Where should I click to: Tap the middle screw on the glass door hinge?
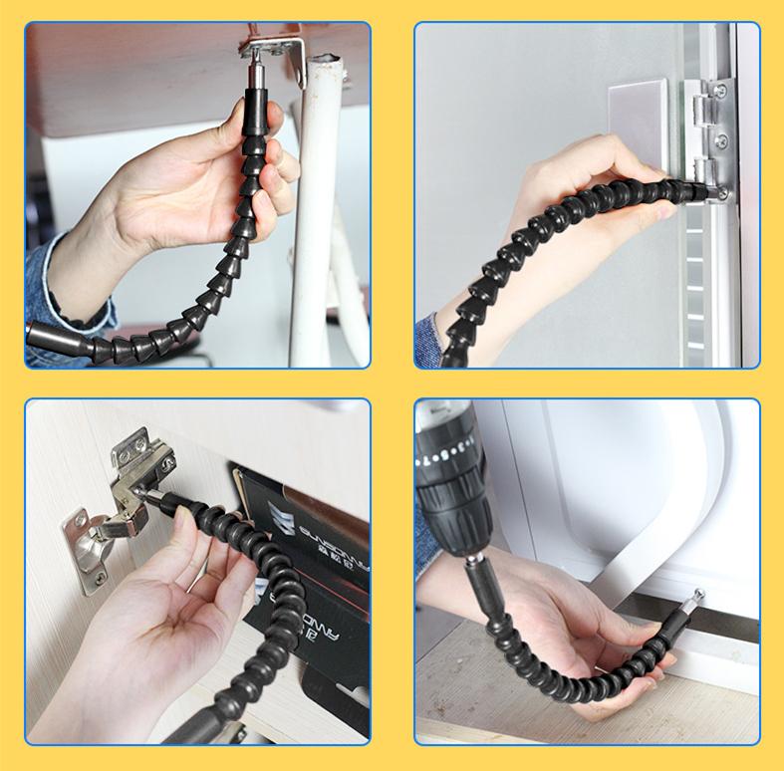pos(719,141)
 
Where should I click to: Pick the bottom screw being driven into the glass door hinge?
pos(720,193)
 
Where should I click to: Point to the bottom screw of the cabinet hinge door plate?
pos(99,575)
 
